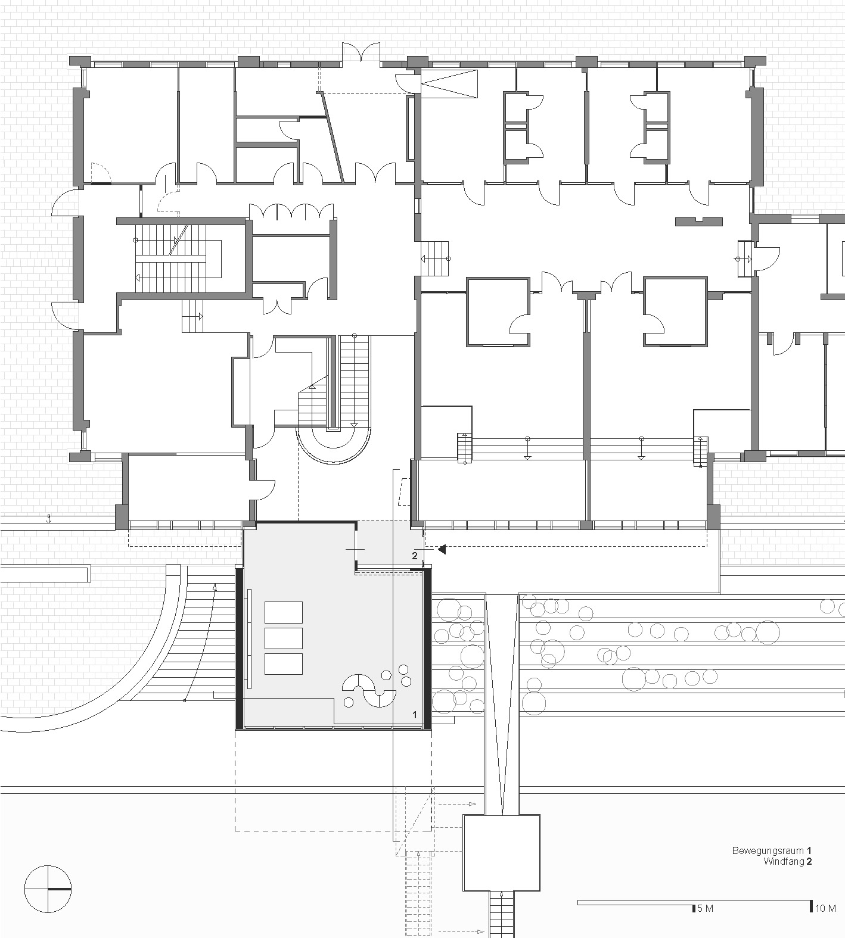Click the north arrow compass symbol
click(48, 889)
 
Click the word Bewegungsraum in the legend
click(768, 850)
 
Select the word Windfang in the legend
click(783, 861)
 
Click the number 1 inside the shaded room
click(415, 714)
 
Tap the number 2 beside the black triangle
click(415, 556)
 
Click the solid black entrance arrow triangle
click(442, 550)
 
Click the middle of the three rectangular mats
click(283, 638)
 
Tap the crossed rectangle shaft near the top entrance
click(449, 83)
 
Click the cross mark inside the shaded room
click(355, 549)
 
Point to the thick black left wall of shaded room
click(240, 649)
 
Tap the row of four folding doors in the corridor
click(291, 212)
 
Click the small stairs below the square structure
click(502, 915)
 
